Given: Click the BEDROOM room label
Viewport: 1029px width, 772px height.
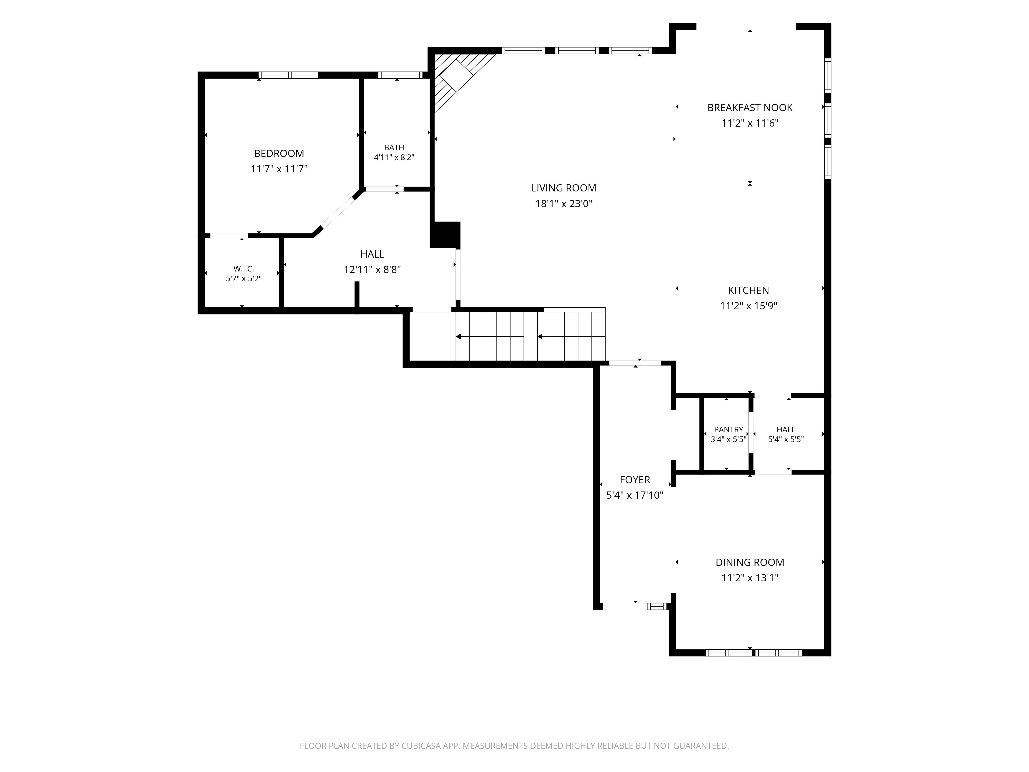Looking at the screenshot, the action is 279,154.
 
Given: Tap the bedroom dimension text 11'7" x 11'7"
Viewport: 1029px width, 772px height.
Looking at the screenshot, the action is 279,169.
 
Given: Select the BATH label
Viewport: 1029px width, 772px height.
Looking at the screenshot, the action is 394,147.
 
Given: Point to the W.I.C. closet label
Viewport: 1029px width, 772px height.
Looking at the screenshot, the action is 244,269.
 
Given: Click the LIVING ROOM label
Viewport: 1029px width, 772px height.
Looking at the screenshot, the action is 564,188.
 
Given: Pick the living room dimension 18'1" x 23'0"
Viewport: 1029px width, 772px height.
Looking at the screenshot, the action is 564,203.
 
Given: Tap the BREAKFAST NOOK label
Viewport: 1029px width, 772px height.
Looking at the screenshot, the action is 750,108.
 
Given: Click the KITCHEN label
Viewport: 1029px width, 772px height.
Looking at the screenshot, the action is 749,290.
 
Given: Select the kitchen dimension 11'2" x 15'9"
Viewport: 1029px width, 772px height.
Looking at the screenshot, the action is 749,306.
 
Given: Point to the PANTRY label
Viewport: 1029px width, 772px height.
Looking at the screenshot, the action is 729,429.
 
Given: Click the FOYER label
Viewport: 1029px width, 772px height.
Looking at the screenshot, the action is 635,480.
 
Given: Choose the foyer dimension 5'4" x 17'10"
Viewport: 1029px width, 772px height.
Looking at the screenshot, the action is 635,495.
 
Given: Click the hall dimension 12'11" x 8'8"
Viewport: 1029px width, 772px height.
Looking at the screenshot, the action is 372,269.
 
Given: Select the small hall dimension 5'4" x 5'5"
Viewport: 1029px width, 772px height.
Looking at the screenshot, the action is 786,439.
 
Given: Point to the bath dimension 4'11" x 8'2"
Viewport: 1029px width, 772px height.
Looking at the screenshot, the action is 394,157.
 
